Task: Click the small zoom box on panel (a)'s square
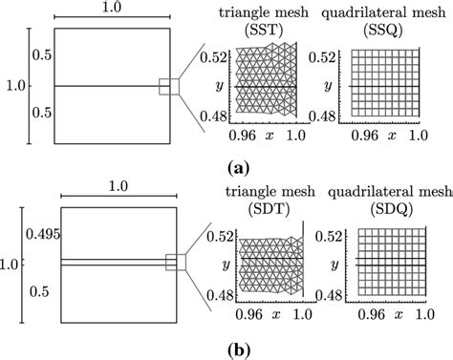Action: click(x=169, y=87)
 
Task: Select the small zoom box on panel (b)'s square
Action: click(x=175, y=262)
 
